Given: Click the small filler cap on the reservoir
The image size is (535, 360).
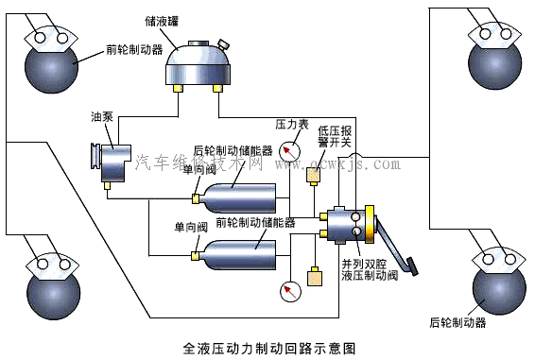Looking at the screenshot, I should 223,44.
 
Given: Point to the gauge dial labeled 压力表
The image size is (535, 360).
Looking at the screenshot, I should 290,150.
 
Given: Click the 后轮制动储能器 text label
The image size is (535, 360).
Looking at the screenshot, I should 233,150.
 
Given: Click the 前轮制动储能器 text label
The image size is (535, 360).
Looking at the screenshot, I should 255,224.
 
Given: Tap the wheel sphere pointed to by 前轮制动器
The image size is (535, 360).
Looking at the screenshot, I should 53,66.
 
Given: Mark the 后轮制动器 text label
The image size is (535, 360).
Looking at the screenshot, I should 457,322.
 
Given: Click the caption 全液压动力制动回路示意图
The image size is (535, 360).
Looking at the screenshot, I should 267,347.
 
